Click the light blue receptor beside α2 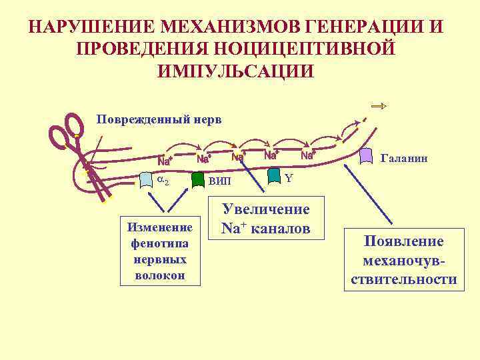click(x=146, y=179)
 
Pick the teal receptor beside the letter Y click(x=274, y=175)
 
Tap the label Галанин click(x=403, y=159)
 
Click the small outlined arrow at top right click(x=379, y=106)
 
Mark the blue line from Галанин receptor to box click(x=378, y=197)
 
